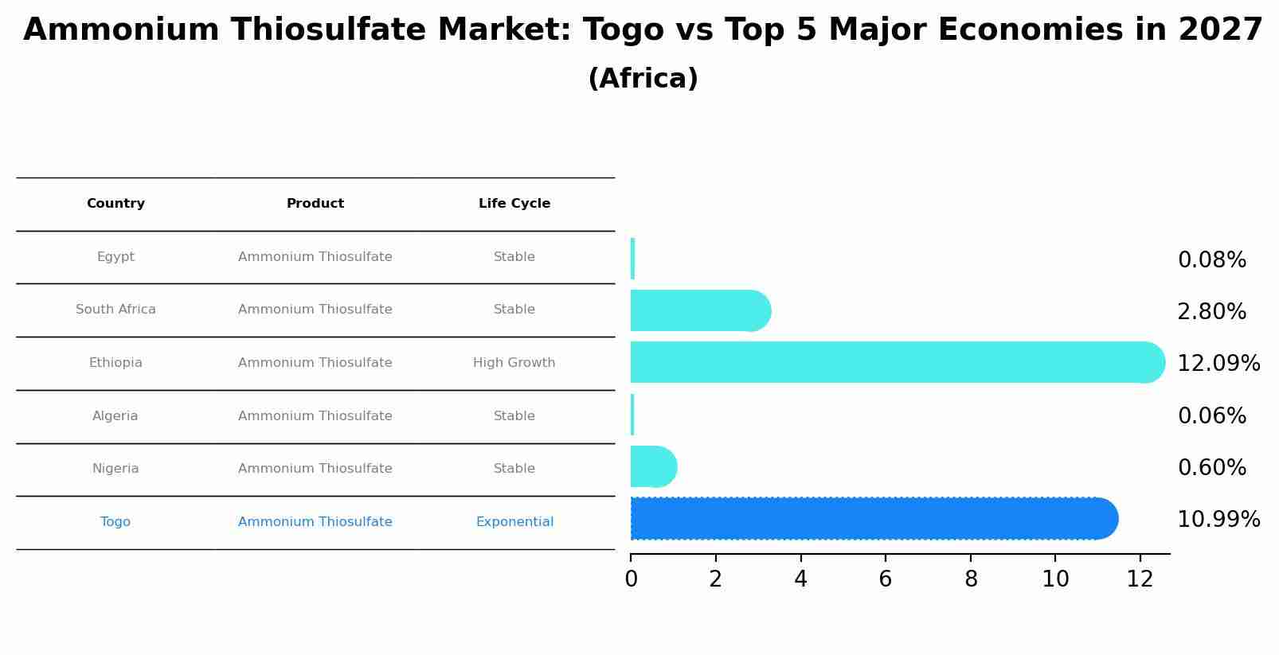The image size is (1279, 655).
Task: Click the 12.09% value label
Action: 1218,364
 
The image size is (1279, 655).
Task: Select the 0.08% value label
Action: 1211,260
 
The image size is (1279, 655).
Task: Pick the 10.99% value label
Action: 1218,520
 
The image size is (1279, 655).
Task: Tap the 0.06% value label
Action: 1211,416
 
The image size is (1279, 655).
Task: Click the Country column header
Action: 115,204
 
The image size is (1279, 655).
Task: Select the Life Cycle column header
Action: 514,204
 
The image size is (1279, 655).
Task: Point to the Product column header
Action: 315,204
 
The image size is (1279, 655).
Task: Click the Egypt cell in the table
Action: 115,257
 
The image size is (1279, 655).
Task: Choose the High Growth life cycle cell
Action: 514,363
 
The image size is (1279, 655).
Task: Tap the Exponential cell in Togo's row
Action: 514,522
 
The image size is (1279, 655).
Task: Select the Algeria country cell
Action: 115,416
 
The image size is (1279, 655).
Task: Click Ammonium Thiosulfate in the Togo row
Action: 315,522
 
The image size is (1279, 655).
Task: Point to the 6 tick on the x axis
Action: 885,579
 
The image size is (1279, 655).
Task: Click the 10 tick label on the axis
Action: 1055,579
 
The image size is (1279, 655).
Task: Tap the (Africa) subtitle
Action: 643,79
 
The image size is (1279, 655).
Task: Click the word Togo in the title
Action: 623,30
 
